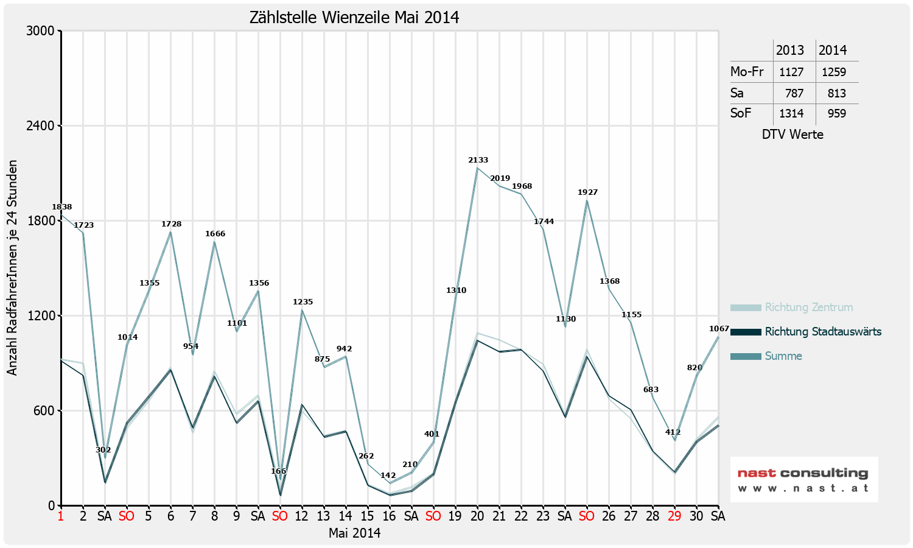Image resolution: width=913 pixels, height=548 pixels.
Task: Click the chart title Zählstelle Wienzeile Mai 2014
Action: click(354, 17)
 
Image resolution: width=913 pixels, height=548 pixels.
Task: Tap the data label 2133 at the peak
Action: click(478, 160)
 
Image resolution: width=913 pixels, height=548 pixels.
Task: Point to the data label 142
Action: click(388, 476)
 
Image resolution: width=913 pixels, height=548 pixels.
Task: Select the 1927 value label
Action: click(587, 192)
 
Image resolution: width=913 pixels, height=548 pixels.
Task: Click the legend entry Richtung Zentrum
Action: click(808, 307)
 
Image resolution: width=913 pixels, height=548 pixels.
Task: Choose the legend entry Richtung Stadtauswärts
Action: click(822, 332)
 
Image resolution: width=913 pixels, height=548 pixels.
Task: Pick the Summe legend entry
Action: click(783, 356)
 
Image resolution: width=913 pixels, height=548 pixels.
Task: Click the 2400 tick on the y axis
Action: click(40, 126)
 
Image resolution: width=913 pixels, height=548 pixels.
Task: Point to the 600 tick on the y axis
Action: click(44, 411)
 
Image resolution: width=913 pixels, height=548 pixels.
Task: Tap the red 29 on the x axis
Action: click(674, 516)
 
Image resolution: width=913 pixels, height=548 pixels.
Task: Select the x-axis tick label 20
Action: click(477, 516)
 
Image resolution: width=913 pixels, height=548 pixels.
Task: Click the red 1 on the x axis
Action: click(61, 516)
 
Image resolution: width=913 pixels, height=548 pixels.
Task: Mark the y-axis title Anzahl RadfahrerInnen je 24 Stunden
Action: click(12, 268)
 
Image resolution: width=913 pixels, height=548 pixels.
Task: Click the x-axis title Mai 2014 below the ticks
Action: click(354, 533)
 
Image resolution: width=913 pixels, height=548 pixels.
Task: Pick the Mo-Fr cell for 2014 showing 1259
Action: click(833, 72)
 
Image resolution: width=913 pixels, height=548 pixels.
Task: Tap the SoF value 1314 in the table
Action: click(791, 113)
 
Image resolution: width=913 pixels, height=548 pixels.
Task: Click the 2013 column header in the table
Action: click(790, 50)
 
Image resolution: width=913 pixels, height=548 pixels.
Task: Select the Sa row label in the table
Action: click(737, 93)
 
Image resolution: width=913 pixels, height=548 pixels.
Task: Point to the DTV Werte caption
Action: click(792, 135)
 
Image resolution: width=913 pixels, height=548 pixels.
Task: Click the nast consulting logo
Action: click(803, 479)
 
